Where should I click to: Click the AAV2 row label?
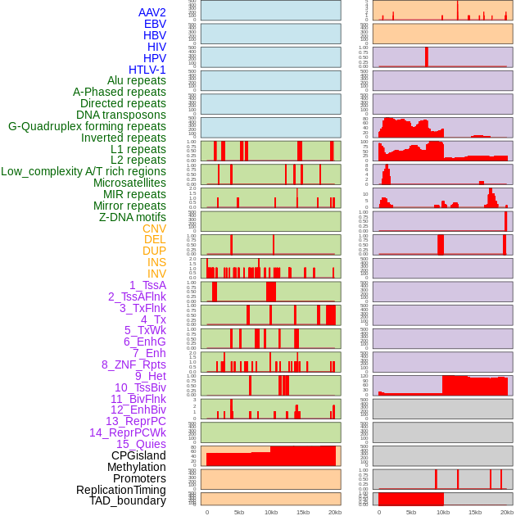152,12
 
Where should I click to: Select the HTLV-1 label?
147,70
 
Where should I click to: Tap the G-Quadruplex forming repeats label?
87,126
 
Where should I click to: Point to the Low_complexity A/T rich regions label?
84,171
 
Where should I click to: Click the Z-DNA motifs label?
133,217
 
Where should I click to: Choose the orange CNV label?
154,229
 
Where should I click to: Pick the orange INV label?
156,274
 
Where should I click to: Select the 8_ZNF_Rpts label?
134,364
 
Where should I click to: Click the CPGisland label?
138,455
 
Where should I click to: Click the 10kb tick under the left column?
271,512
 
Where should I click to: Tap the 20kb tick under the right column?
507,512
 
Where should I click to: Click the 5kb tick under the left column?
239,512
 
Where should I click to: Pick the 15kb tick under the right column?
475,512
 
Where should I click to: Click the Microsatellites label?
129,183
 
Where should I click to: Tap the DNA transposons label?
121,115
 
